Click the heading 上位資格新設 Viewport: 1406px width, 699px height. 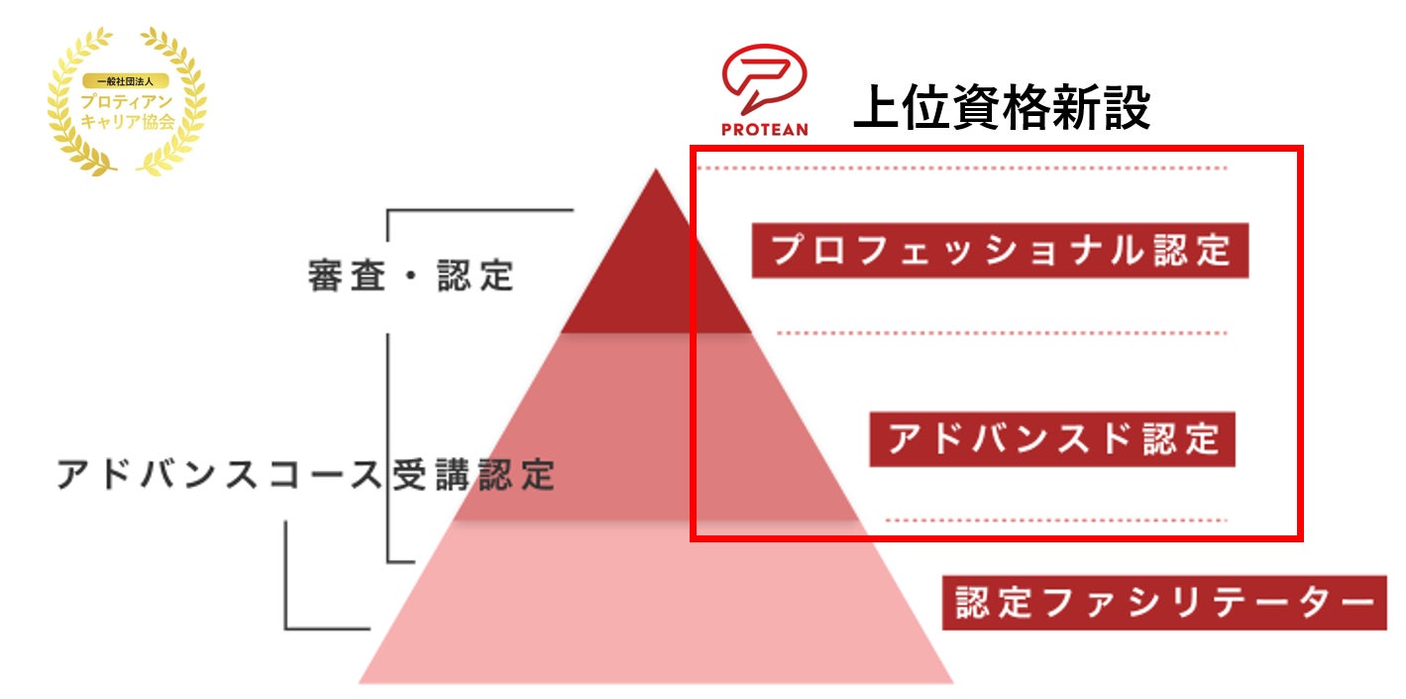point(1001,106)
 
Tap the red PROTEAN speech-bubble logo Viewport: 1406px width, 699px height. point(764,79)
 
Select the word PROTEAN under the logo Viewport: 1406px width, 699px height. point(764,129)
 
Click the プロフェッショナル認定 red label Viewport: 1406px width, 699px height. point(1000,251)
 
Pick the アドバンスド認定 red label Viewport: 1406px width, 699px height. point(1052,439)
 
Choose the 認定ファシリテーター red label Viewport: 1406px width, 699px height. point(1164,602)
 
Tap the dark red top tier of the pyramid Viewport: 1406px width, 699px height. point(656,278)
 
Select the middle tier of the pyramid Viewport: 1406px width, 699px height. point(656,426)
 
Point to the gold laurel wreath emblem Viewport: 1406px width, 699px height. point(128,99)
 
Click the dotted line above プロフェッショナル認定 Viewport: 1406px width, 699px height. point(961,169)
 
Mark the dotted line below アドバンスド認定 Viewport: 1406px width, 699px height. point(1055,520)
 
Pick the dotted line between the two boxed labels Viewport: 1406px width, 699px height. point(1001,333)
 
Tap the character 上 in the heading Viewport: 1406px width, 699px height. point(877,106)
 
